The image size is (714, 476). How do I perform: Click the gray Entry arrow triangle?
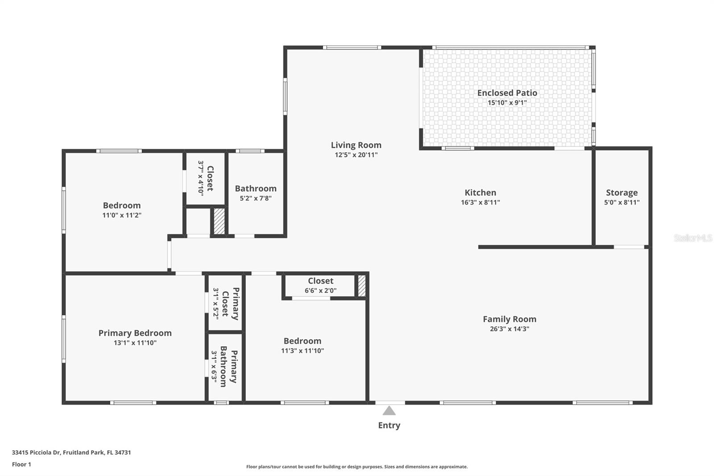coord(389,411)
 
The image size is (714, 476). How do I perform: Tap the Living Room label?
coord(356,145)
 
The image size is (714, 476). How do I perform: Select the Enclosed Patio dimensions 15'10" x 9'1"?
coord(507,103)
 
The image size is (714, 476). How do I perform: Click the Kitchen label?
coord(480,193)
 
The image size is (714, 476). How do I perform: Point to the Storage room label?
coord(622,193)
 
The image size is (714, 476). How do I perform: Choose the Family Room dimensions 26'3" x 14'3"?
coord(510,329)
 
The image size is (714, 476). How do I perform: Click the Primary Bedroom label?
coord(135,333)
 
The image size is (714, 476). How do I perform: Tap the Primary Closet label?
coord(230,304)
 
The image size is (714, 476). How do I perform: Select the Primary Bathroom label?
coord(229,367)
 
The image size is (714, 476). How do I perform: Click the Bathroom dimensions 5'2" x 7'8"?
coord(256,198)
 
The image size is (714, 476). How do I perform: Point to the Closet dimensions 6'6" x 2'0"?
coord(321,291)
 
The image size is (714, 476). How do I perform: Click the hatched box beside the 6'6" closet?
coord(361,286)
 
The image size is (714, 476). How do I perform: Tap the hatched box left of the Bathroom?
coord(219,221)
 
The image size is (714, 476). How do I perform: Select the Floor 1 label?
coord(22,464)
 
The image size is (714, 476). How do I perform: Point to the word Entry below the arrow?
coord(389,425)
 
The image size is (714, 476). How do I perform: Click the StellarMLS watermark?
coord(693,238)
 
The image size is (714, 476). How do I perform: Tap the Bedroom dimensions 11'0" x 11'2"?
coord(122,215)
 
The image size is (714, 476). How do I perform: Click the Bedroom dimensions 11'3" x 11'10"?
coord(303,351)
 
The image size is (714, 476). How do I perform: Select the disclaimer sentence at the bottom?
coord(357,467)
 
